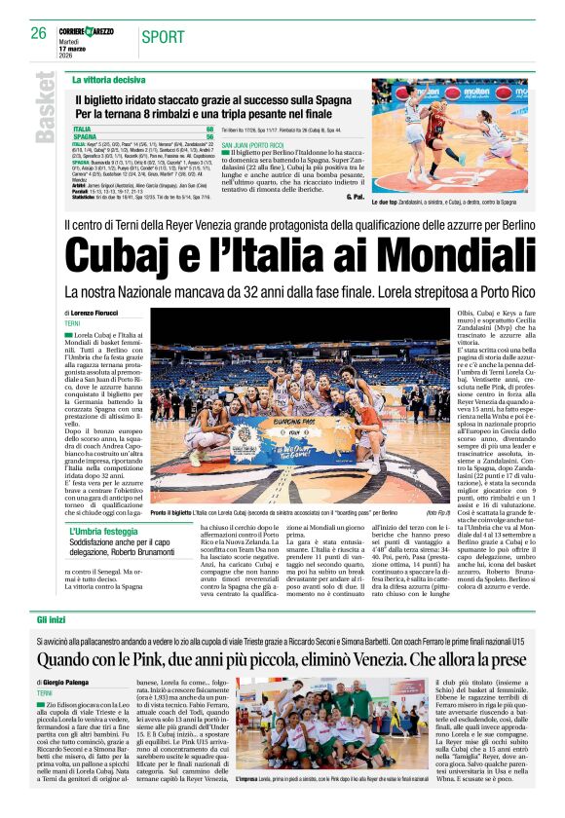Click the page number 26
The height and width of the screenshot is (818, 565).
pyautogui.click(x=38, y=33)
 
